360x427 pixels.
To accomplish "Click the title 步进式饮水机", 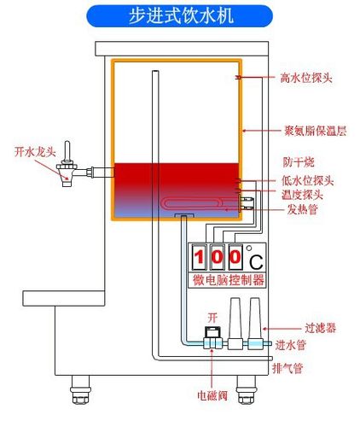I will click(x=180, y=16).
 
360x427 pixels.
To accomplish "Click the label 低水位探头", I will click(x=306, y=181).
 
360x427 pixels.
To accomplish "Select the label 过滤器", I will click(x=294, y=327).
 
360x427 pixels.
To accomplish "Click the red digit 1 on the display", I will click(x=199, y=257).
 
